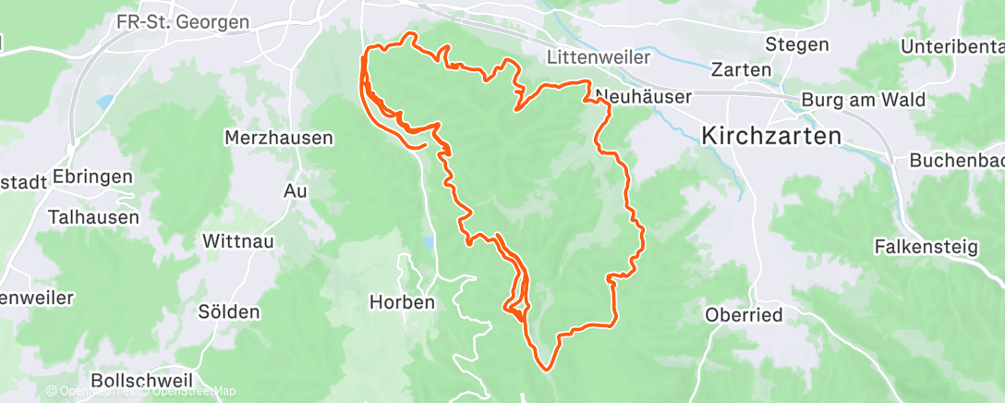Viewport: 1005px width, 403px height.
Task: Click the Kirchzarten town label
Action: point(771,135)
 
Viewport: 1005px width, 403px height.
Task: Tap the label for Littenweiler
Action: point(598,56)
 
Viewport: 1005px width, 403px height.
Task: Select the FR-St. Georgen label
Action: point(182,21)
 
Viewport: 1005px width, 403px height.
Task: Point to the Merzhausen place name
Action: point(266,137)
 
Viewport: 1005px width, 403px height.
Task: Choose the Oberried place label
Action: point(744,315)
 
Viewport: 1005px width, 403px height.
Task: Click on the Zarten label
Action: point(740,70)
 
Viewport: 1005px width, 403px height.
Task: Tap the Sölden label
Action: point(229,311)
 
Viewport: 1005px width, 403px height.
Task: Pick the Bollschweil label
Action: point(142,380)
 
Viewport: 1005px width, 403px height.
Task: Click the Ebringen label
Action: point(93,176)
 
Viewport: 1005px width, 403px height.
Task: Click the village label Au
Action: point(295,190)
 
